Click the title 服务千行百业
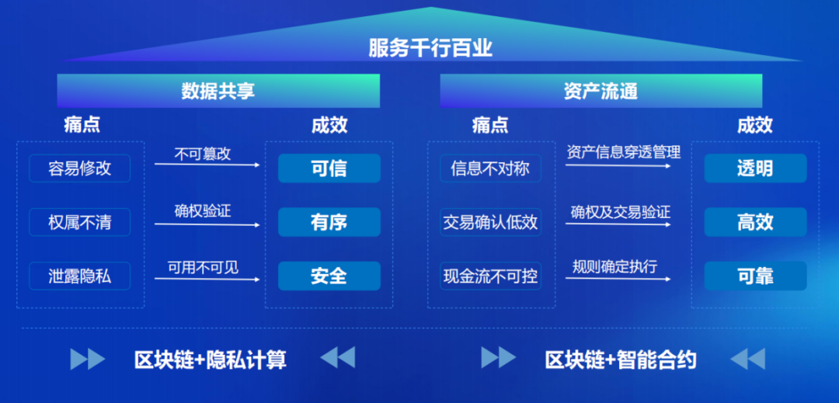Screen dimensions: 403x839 click(x=430, y=48)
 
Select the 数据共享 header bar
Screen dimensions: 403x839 click(x=218, y=91)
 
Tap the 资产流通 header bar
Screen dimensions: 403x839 click(x=601, y=91)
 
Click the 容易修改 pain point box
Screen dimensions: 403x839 click(x=79, y=168)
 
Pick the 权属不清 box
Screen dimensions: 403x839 click(x=79, y=223)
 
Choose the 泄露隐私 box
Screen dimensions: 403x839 click(x=79, y=276)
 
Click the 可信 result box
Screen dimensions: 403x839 click(x=329, y=168)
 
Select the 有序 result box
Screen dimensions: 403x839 click(x=329, y=223)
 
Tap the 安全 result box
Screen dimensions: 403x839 click(x=329, y=276)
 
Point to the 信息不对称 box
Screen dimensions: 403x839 click(x=489, y=168)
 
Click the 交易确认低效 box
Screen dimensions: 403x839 click(x=489, y=223)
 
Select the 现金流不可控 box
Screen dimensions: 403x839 click(x=489, y=276)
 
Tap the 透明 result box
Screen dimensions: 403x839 click(x=755, y=168)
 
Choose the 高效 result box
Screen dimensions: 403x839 click(x=755, y=223)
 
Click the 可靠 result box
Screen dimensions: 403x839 click(x=755, y=276)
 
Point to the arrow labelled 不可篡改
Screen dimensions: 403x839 click(x=207, y=163)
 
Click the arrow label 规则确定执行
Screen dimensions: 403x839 click(x=614, y=267)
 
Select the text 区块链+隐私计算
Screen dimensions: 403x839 click(x=211, y=360)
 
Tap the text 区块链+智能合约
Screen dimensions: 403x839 click(x=621, y=360)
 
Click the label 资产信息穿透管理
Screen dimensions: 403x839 click(x=623, y=152)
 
